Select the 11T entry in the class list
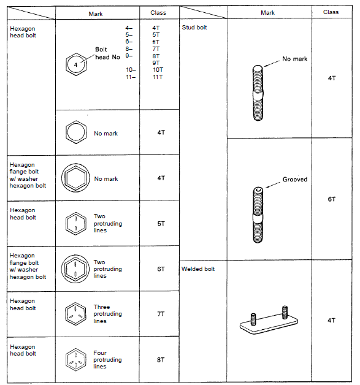(157, 77)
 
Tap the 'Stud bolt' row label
(194, 28)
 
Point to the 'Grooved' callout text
(295, 180)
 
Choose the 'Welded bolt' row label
(198, 269)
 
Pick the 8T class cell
(160, 360)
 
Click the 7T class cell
(160, 314)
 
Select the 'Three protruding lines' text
(107, 314)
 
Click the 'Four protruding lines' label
(107, 360)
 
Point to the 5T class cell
(160, 224)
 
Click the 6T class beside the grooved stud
(331, 199)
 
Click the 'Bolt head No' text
(103, 53)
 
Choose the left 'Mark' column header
(99, 12)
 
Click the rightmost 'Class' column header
(331, 12)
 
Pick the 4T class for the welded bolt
(331, 320)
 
